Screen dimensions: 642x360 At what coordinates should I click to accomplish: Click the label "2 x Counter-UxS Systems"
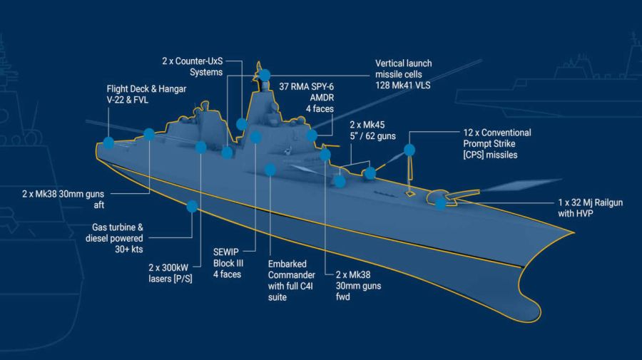point(193,67)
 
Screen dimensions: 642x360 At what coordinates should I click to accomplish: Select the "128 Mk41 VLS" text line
point(403,86)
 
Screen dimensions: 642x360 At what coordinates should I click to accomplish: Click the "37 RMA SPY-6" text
point(306,87)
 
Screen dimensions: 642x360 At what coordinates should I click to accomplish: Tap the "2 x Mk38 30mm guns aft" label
point(63,199)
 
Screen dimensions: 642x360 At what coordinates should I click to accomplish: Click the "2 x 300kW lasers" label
point(170,273)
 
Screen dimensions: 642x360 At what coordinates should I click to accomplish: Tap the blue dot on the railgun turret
point(441,203)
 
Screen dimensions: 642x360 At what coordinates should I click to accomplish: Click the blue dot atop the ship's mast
point(265,75)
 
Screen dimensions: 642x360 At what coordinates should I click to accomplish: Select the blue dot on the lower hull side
point(192,206)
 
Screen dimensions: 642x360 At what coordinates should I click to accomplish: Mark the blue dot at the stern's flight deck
point(108,143)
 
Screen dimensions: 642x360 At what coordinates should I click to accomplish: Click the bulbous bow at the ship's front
point(530,306)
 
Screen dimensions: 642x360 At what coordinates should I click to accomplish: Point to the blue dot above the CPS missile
point(409,150)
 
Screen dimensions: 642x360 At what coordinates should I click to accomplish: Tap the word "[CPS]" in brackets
point(474,155)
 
